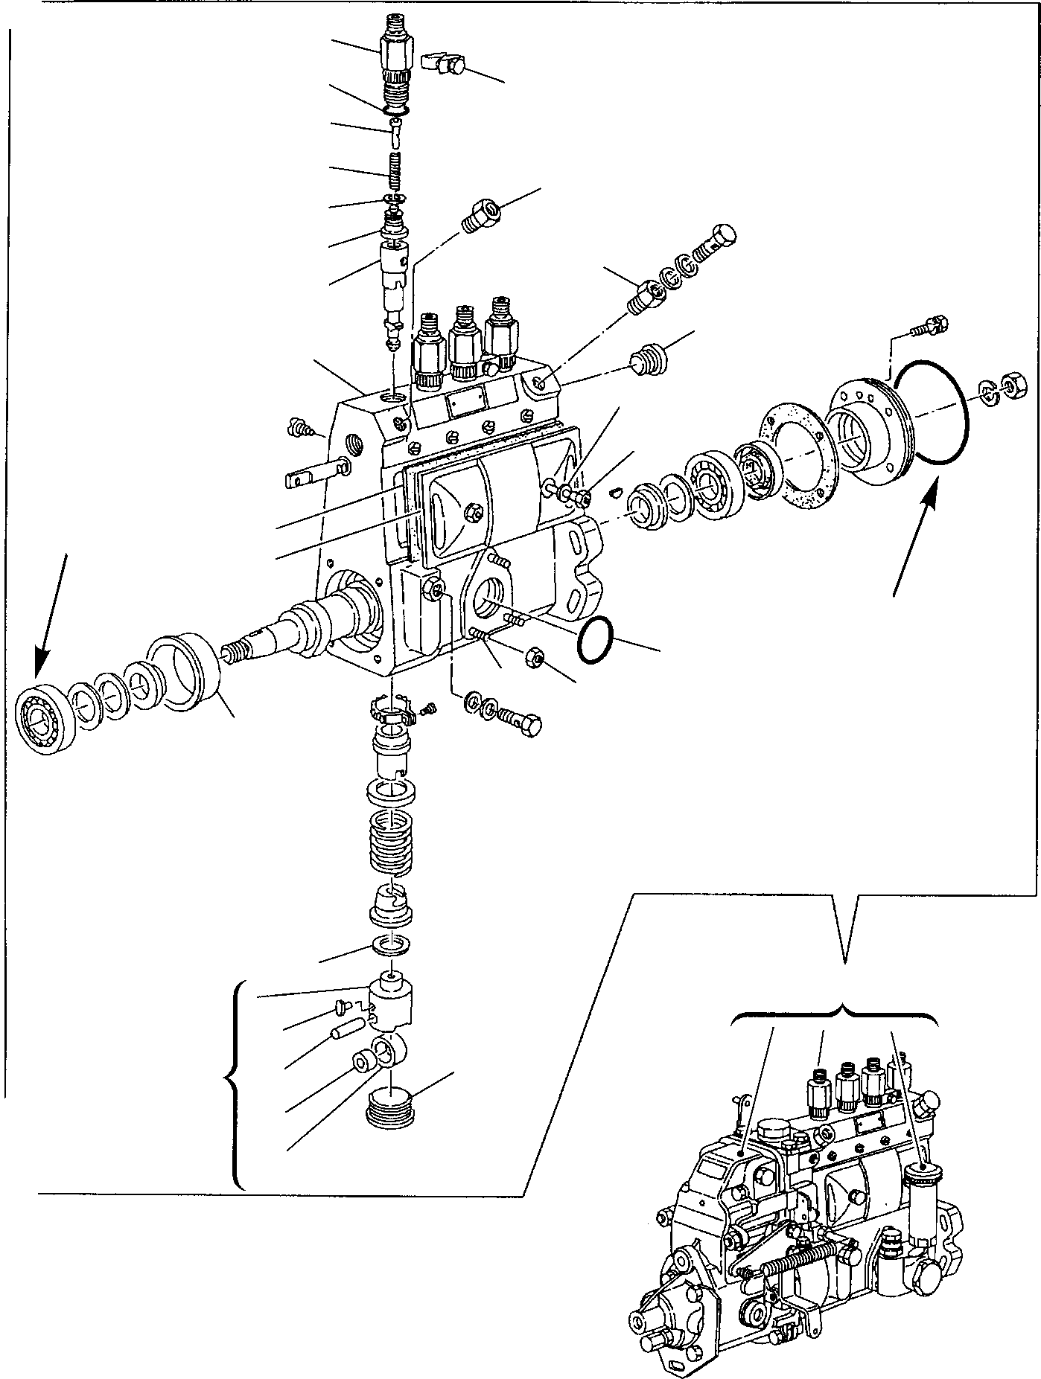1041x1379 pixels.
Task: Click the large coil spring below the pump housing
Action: pos(392,841)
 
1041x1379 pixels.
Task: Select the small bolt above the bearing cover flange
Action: pos(928,326)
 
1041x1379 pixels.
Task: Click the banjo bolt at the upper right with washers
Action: pos(716,245)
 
